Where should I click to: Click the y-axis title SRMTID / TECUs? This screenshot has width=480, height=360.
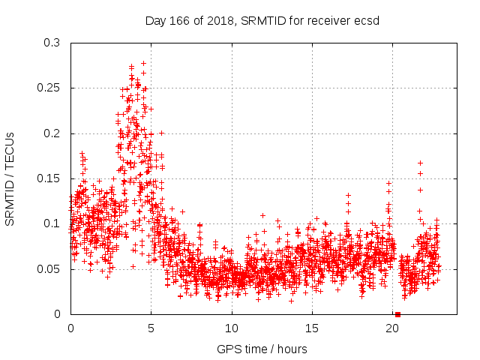[x=10, y=178]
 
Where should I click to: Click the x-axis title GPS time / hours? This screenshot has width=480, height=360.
[x=262, y=349]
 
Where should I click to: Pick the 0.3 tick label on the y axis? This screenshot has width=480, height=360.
[x=51, y=43]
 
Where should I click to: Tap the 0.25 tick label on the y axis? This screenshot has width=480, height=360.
[x=48, y=88]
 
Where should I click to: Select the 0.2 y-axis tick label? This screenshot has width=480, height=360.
[x=51, y=133]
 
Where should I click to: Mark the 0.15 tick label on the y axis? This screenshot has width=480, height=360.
[x=48, y=178]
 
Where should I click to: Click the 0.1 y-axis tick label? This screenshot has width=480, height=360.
[x=51, y=223]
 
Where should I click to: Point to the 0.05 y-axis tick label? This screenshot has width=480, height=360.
[x=48, y=269]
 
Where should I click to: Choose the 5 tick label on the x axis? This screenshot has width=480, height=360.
[x=151, y=328]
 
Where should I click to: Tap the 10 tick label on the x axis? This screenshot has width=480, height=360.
[x=232, y=328]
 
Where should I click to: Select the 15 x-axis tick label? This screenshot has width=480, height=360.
[x=312, y=328]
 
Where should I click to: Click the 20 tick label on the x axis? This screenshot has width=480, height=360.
[x=392, y=328]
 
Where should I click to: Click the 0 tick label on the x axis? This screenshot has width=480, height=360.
[x=70, y=328]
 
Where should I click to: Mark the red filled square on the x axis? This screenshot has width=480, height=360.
[x=397, y=314]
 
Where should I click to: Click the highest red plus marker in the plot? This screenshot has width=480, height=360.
[x=143, y=64]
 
